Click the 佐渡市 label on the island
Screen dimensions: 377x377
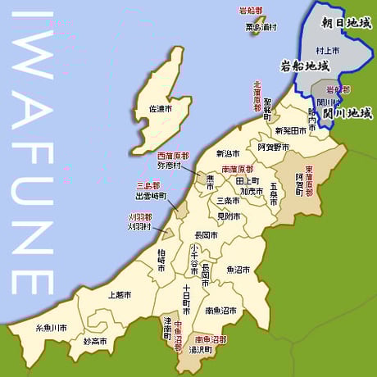coord(160,108)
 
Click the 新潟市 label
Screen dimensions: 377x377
coord(229,153)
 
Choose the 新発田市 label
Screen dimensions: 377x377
coord(291,130)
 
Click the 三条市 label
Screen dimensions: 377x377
coord(228,201)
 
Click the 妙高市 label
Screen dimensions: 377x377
coord(97,340)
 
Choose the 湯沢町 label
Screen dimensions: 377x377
coord(201,348)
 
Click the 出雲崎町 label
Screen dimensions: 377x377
coord(151,197)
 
